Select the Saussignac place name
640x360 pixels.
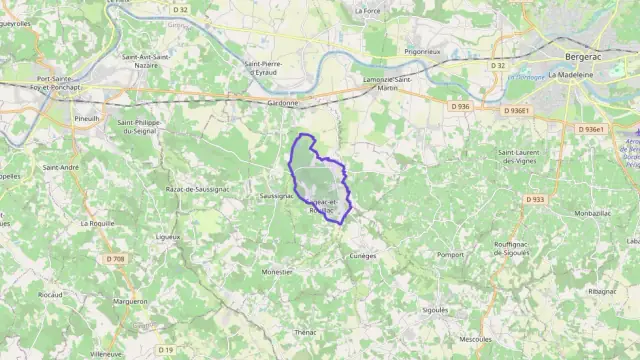pos(275,196)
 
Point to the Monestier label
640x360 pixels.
pos(276,271)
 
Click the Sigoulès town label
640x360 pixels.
pos(435,310)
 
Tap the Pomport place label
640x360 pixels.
pos(450,254)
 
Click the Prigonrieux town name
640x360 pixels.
pos(423,50)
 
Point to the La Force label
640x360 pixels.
pos(368,10)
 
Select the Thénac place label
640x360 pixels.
pos(305,331)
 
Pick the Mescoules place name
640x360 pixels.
pos(474,339)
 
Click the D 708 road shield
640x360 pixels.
pos(116,259)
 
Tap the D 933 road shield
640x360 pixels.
pos(534,199)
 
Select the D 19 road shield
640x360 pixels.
pos(166,349)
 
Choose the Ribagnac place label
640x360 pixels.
pos(603,290)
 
